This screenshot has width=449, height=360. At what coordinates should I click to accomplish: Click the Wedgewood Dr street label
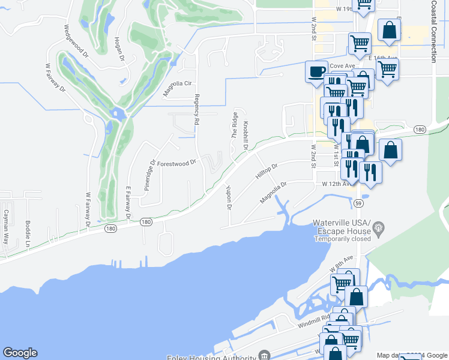click(x=76, y=41)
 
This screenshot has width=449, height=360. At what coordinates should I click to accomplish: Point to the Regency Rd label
click(x=196, y=109)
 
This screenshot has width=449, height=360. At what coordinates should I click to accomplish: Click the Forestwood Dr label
click(x=176, y=163)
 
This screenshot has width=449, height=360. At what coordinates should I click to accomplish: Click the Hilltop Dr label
click(x=267, y=171)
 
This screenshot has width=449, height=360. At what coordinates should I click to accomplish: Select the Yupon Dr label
click(x=229, y=197)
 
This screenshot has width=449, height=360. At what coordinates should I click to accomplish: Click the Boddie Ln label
click(x=28, y=233)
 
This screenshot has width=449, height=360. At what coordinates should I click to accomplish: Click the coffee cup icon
click(x=316, y=71)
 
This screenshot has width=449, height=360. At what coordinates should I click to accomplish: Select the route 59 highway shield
click(x=358, y=203)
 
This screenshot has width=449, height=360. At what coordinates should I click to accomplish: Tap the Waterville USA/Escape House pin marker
click(x=378, y=227)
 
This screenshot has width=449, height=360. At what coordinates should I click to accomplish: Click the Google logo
click(x=20, y=353)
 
